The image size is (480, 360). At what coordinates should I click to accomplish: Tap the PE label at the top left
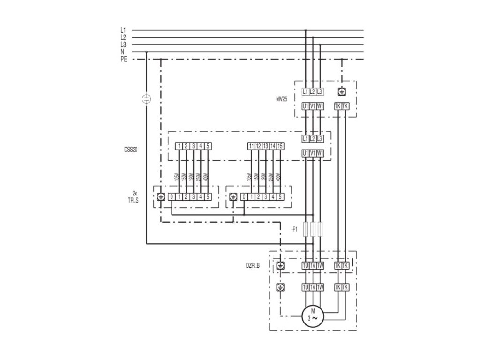[123, 59]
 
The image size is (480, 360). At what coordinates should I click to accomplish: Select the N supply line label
[123, 52]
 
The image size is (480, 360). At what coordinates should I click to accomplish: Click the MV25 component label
[282, 99]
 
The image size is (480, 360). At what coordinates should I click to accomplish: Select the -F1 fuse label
[294, 230]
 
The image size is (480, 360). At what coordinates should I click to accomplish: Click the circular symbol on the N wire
[146, 98]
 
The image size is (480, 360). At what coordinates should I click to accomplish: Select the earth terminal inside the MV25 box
[342, 91]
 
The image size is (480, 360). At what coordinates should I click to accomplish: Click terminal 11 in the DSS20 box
[252, 146]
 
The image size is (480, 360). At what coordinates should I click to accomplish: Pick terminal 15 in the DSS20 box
[280, 146]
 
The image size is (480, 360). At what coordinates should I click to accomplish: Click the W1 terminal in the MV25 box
[320, 106]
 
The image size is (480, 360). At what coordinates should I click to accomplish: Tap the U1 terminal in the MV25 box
[306, 106]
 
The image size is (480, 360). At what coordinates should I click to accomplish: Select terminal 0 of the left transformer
[172, 196]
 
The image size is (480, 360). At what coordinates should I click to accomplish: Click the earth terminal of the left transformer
[161, 196]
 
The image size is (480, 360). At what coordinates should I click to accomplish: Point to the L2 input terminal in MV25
[313, 91]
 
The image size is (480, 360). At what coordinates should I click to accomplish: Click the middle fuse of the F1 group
[313, 230]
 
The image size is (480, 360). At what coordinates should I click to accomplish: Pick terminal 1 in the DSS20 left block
[179, 146]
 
